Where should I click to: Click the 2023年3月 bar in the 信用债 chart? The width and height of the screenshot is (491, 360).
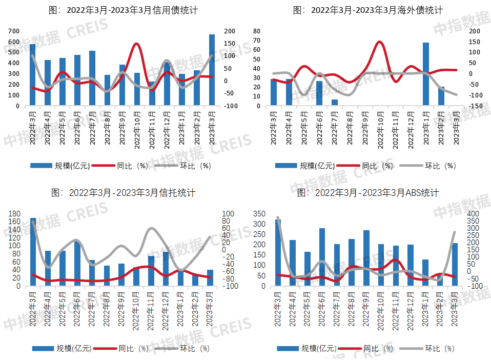point(212,70)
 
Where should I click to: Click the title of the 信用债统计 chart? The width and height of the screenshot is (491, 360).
point(122,10)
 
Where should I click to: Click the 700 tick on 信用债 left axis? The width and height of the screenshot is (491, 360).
point(14,31)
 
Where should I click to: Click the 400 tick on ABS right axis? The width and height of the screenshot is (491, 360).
point(473,214)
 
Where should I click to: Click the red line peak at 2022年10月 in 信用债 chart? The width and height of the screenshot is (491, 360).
point(136,44)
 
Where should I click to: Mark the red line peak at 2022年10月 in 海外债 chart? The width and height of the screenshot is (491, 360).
point(379,42)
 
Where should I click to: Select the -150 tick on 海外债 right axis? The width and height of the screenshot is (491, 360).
point(475,106)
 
